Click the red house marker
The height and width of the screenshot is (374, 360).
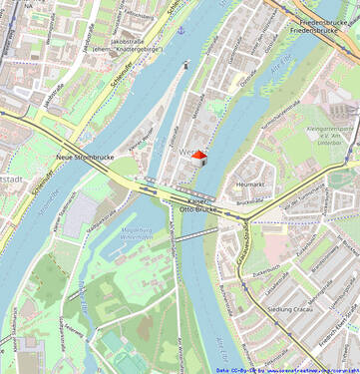198,155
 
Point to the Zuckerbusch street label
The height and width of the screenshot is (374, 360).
265,268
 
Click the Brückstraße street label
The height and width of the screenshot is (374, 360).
257,203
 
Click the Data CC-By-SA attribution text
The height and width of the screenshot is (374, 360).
286,369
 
